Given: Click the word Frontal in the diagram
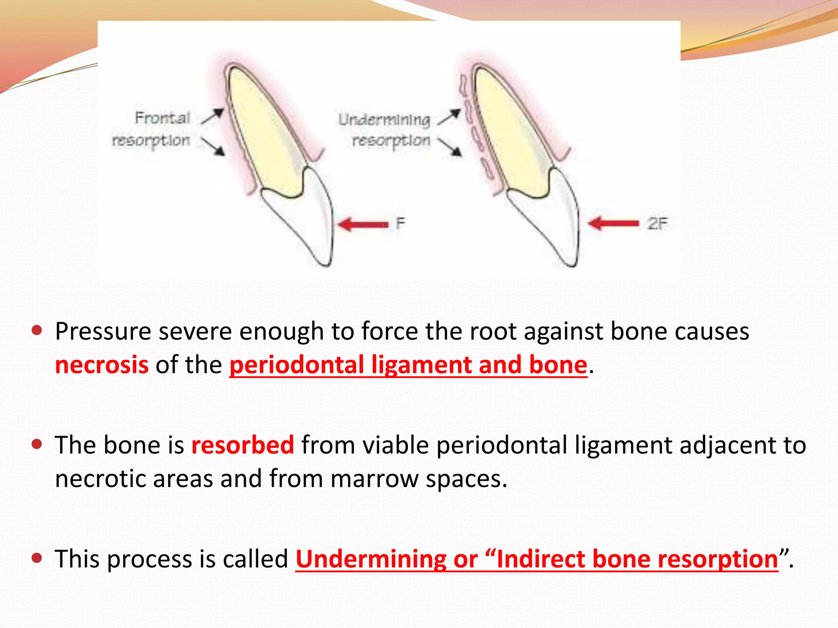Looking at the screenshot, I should click(x=162, y=118).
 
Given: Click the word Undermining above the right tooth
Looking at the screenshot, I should click(x=384, y=119).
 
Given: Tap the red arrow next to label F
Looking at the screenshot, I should click(x=363, y=224).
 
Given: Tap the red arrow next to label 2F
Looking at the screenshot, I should click(x=613, y=223).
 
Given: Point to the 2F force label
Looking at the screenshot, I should click(x=657, y=223).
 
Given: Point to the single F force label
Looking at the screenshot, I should click(x=400, y=223).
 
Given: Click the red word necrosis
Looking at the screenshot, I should click(x=101, y=365).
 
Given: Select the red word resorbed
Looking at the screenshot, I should click(x=243, y=445).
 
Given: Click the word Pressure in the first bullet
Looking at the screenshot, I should click(x=103, y=331).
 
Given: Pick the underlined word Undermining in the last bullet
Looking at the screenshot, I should click(x=371, y=559).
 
